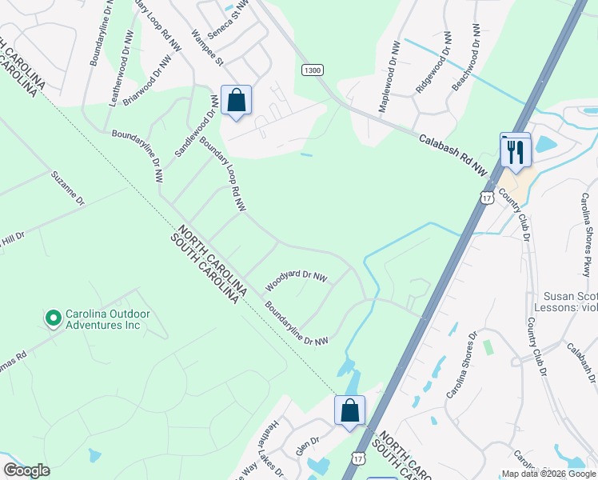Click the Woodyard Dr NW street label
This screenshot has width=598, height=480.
(x=297, y=279)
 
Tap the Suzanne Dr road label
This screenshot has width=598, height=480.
(x=67, y=188)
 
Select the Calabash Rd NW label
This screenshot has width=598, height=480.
(x=453, y=154)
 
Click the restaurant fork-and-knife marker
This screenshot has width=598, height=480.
(x=516, y=150)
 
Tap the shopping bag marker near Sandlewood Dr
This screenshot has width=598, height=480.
(x=236, y=101)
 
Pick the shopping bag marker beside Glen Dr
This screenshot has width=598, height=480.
(x=349, y=411)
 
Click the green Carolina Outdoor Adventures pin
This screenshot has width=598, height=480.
(x=54, y=318)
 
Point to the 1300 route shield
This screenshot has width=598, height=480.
(x=313, y=70)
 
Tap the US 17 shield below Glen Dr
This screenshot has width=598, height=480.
(x=356, y=457)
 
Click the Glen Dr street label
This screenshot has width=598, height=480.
(x=308, y=445)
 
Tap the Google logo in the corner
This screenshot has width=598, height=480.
(x=26, y=470)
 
